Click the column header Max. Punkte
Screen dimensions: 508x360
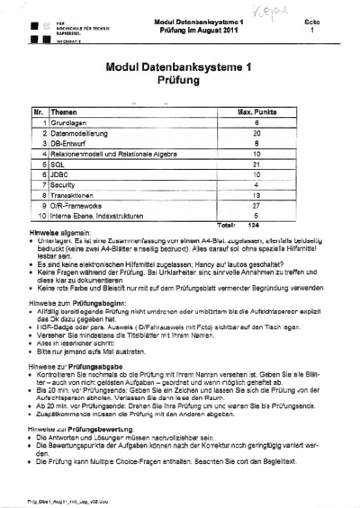(x=256, y=111)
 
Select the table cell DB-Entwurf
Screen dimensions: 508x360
(x=68, y=143)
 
